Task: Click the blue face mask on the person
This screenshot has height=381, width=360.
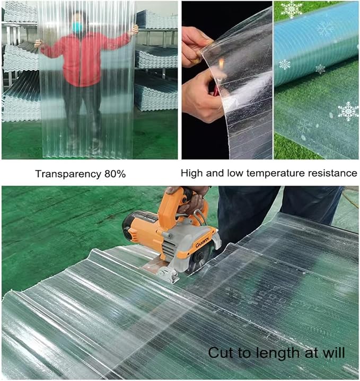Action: [x=77, y=27]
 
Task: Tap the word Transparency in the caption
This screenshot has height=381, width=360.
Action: [x=68, y=174]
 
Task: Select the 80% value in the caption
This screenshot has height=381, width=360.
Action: [x=115, y=174]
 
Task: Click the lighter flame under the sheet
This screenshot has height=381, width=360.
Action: [x=221, y=64]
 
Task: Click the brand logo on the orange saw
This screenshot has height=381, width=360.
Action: [x=202, y=243]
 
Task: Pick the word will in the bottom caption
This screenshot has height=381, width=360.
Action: [x=333, y=352]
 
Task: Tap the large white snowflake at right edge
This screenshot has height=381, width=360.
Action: [x=348, y=111]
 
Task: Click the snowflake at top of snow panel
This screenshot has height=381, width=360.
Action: [x=291, y=9]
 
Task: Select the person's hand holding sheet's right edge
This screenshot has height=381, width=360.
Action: [x=134, y=30]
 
